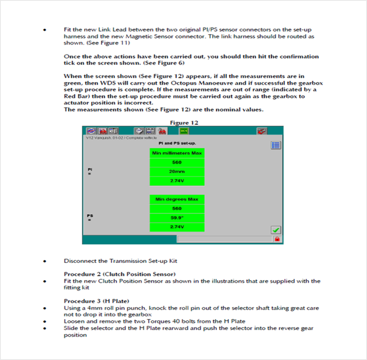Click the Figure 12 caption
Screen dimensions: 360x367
tap(184, 122)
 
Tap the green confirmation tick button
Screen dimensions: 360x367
tap(276, 230)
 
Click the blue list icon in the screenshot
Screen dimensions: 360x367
tap(276, 145)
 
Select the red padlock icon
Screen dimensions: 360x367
tap(277, 239)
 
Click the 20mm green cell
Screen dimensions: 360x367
tap(177, 172)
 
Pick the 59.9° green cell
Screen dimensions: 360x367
tap(177, 218)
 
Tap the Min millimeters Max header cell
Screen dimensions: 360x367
tap(177, 153)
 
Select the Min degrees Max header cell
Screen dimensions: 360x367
tap(177, 199)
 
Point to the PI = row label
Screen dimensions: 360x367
tap(89, 172)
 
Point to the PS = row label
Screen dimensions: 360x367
tap(89, 217)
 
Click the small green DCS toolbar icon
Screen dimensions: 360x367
tap(184, 130)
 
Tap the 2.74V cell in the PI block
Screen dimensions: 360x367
tap(177, 181)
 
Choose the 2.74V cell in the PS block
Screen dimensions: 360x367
tap(177, 227)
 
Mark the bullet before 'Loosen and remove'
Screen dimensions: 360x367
tap(44, 322)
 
